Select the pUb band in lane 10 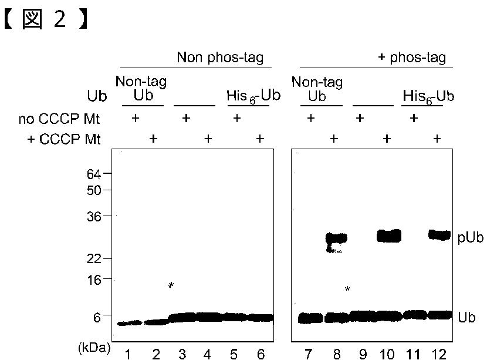389,236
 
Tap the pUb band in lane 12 439,235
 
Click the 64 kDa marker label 94,174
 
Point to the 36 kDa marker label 94,216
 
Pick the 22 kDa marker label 94,258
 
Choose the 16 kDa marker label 94,280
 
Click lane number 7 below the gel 308,354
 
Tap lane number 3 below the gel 182,354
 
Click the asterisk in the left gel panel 171,285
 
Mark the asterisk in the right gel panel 347,289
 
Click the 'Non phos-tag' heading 220,58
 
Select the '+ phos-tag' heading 412,57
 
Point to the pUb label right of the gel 471,238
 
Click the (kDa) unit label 94,348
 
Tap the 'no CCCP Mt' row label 59,119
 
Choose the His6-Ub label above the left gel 253,96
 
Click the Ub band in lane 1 129,323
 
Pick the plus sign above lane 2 153,139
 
